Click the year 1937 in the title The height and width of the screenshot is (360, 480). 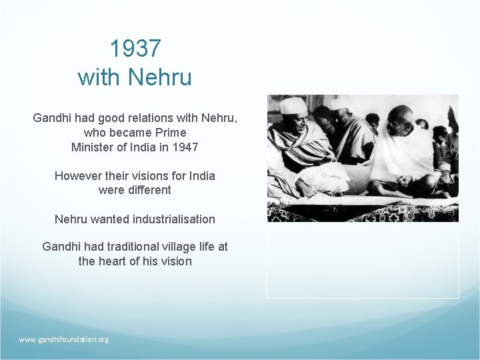click(x=135, y=49)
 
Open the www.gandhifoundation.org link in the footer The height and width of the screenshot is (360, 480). click(x=63, y=339)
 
